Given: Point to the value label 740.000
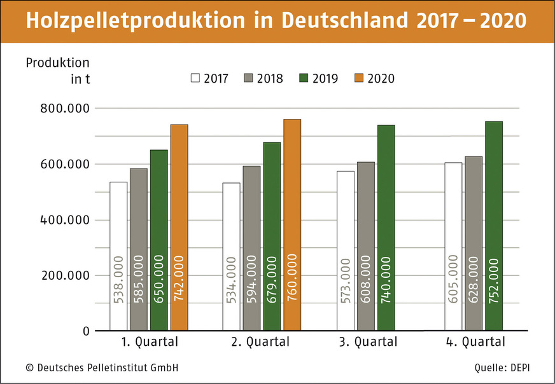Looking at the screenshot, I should [386, 280].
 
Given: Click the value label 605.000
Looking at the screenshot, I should [453, 280].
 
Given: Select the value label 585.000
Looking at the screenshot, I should [139, 280].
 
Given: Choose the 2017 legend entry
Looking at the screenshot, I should [211, 78].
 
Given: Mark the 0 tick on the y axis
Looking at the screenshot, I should [84, 331].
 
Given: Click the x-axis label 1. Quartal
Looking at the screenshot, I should [150, 342].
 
